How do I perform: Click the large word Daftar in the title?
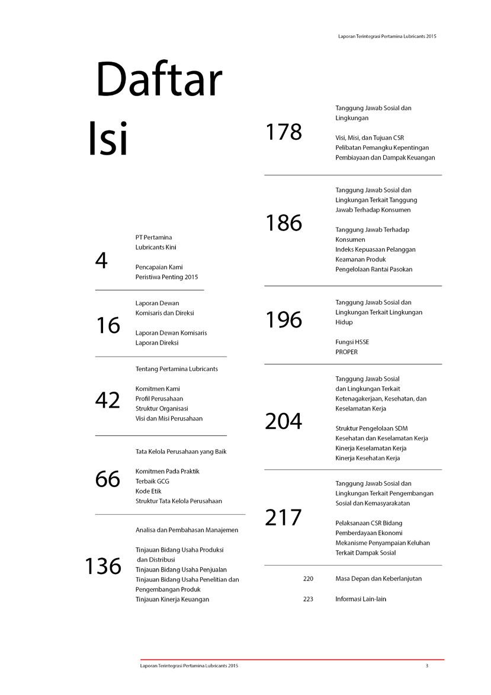159,81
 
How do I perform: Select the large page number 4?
101,260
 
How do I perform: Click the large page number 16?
107,325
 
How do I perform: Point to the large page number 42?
107,401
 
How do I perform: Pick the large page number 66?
107,479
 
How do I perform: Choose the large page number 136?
103,566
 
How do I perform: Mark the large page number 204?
283,421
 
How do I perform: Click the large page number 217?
283,518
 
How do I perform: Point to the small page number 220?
308,578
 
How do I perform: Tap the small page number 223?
308,599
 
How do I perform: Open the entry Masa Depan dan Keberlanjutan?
378,578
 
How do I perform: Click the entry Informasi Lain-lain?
361,599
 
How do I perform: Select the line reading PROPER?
346,352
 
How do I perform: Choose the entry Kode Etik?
148,491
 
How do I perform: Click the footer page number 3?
426,666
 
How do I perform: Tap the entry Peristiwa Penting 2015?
166,277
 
